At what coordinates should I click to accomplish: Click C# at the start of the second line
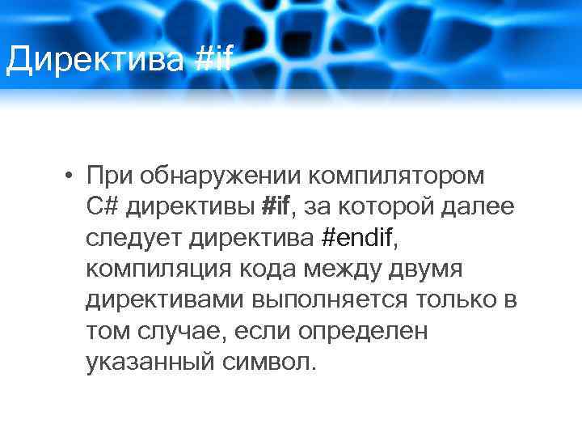pos(103,206)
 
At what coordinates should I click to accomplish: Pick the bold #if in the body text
pos(277,206)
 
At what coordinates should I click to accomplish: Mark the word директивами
pos(165,299)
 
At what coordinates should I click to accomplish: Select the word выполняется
pos(330,299)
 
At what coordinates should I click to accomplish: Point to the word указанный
pos(148,361)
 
